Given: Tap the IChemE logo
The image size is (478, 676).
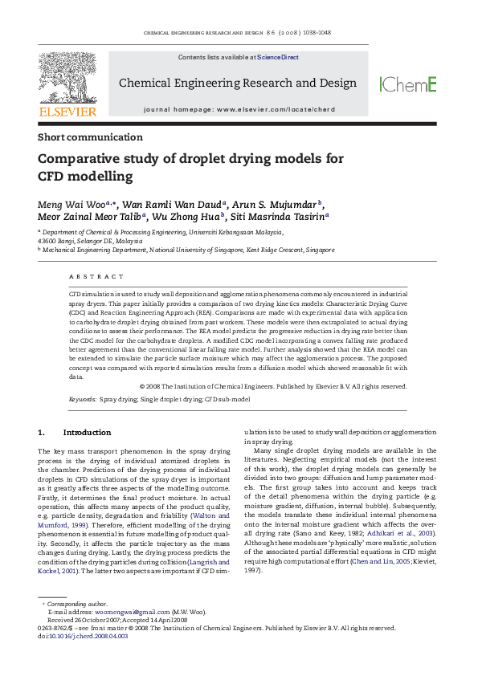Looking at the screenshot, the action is point(408,83).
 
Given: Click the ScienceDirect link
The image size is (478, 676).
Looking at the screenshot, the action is point(278,58).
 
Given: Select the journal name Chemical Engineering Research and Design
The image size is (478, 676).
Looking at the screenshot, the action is point(237,83).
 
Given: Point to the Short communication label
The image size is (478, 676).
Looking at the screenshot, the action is point(90,137).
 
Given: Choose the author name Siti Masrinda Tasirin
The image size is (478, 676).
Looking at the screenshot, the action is point(277,216).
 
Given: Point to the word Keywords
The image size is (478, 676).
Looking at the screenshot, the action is point(83,398).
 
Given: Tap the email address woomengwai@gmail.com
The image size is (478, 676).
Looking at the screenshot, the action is point(123,612).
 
